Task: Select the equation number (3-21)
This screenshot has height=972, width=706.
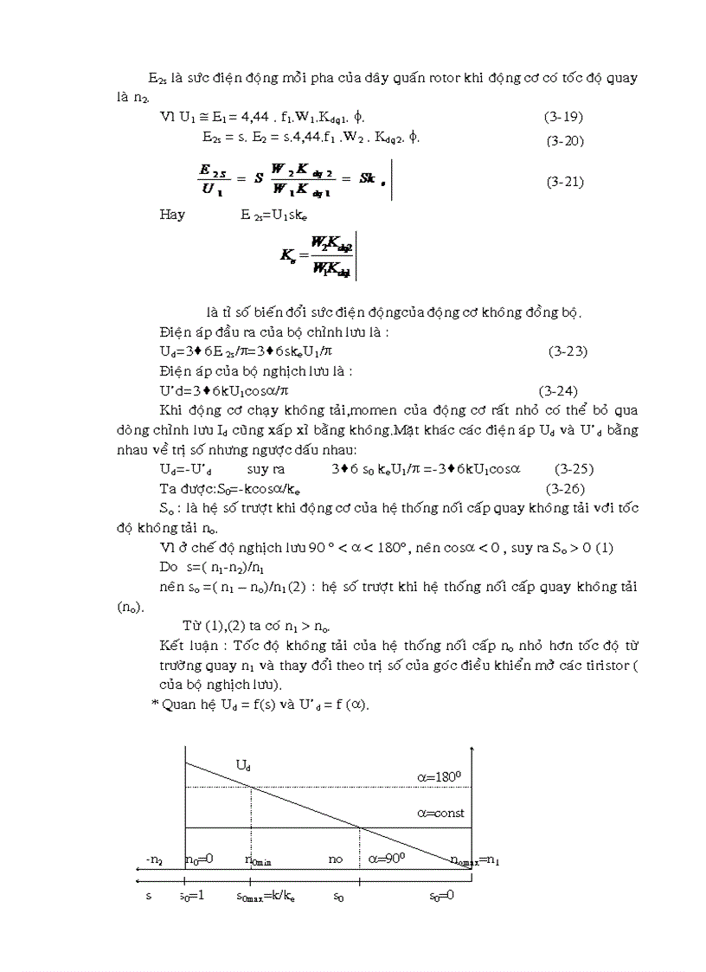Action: click(x=566, y=182)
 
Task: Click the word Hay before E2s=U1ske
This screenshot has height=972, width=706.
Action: click(x=172, y=215)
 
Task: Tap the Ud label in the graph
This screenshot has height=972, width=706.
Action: click(x=244, y=764)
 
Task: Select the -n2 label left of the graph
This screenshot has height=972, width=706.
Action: click(x=154, y=859)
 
